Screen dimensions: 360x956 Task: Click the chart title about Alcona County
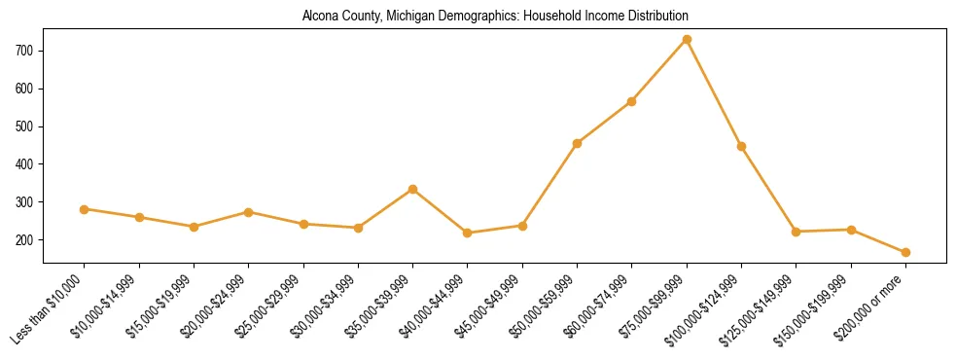[495, 17]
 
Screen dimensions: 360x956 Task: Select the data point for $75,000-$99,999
[687, 39]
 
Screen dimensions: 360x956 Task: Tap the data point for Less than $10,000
[85, 209]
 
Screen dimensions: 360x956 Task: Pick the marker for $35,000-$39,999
[413, 189]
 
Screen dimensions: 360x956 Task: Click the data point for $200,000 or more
[905, 252]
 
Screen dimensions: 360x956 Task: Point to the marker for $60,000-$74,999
[632, 101]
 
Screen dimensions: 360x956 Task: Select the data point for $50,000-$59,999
[578, 143]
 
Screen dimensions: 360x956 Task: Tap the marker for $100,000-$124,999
[741, 146]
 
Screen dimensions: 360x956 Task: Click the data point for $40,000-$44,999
[468, 233]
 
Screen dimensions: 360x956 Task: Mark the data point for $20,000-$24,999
[249, 212]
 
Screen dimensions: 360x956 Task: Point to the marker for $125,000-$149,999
[797, 232]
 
